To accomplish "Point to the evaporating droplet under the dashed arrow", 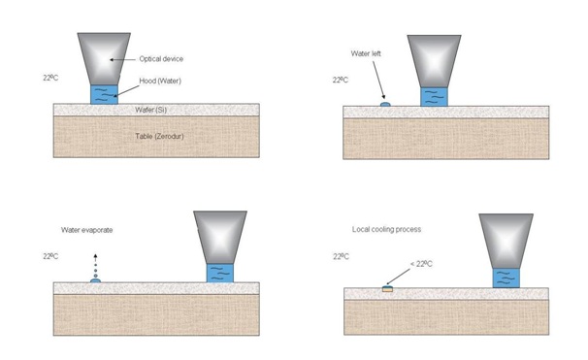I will pyautogui.click(x=95, y=279).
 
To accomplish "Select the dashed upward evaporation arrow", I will pyautogui.click(x=95, y=262).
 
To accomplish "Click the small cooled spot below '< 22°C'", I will pyautogui.click(x=388, y=287).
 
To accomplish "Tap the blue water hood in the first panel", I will pyautogui.click(x=104, y=93).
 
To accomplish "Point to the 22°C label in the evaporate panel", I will pyautogui.click(x=52, y=256).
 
